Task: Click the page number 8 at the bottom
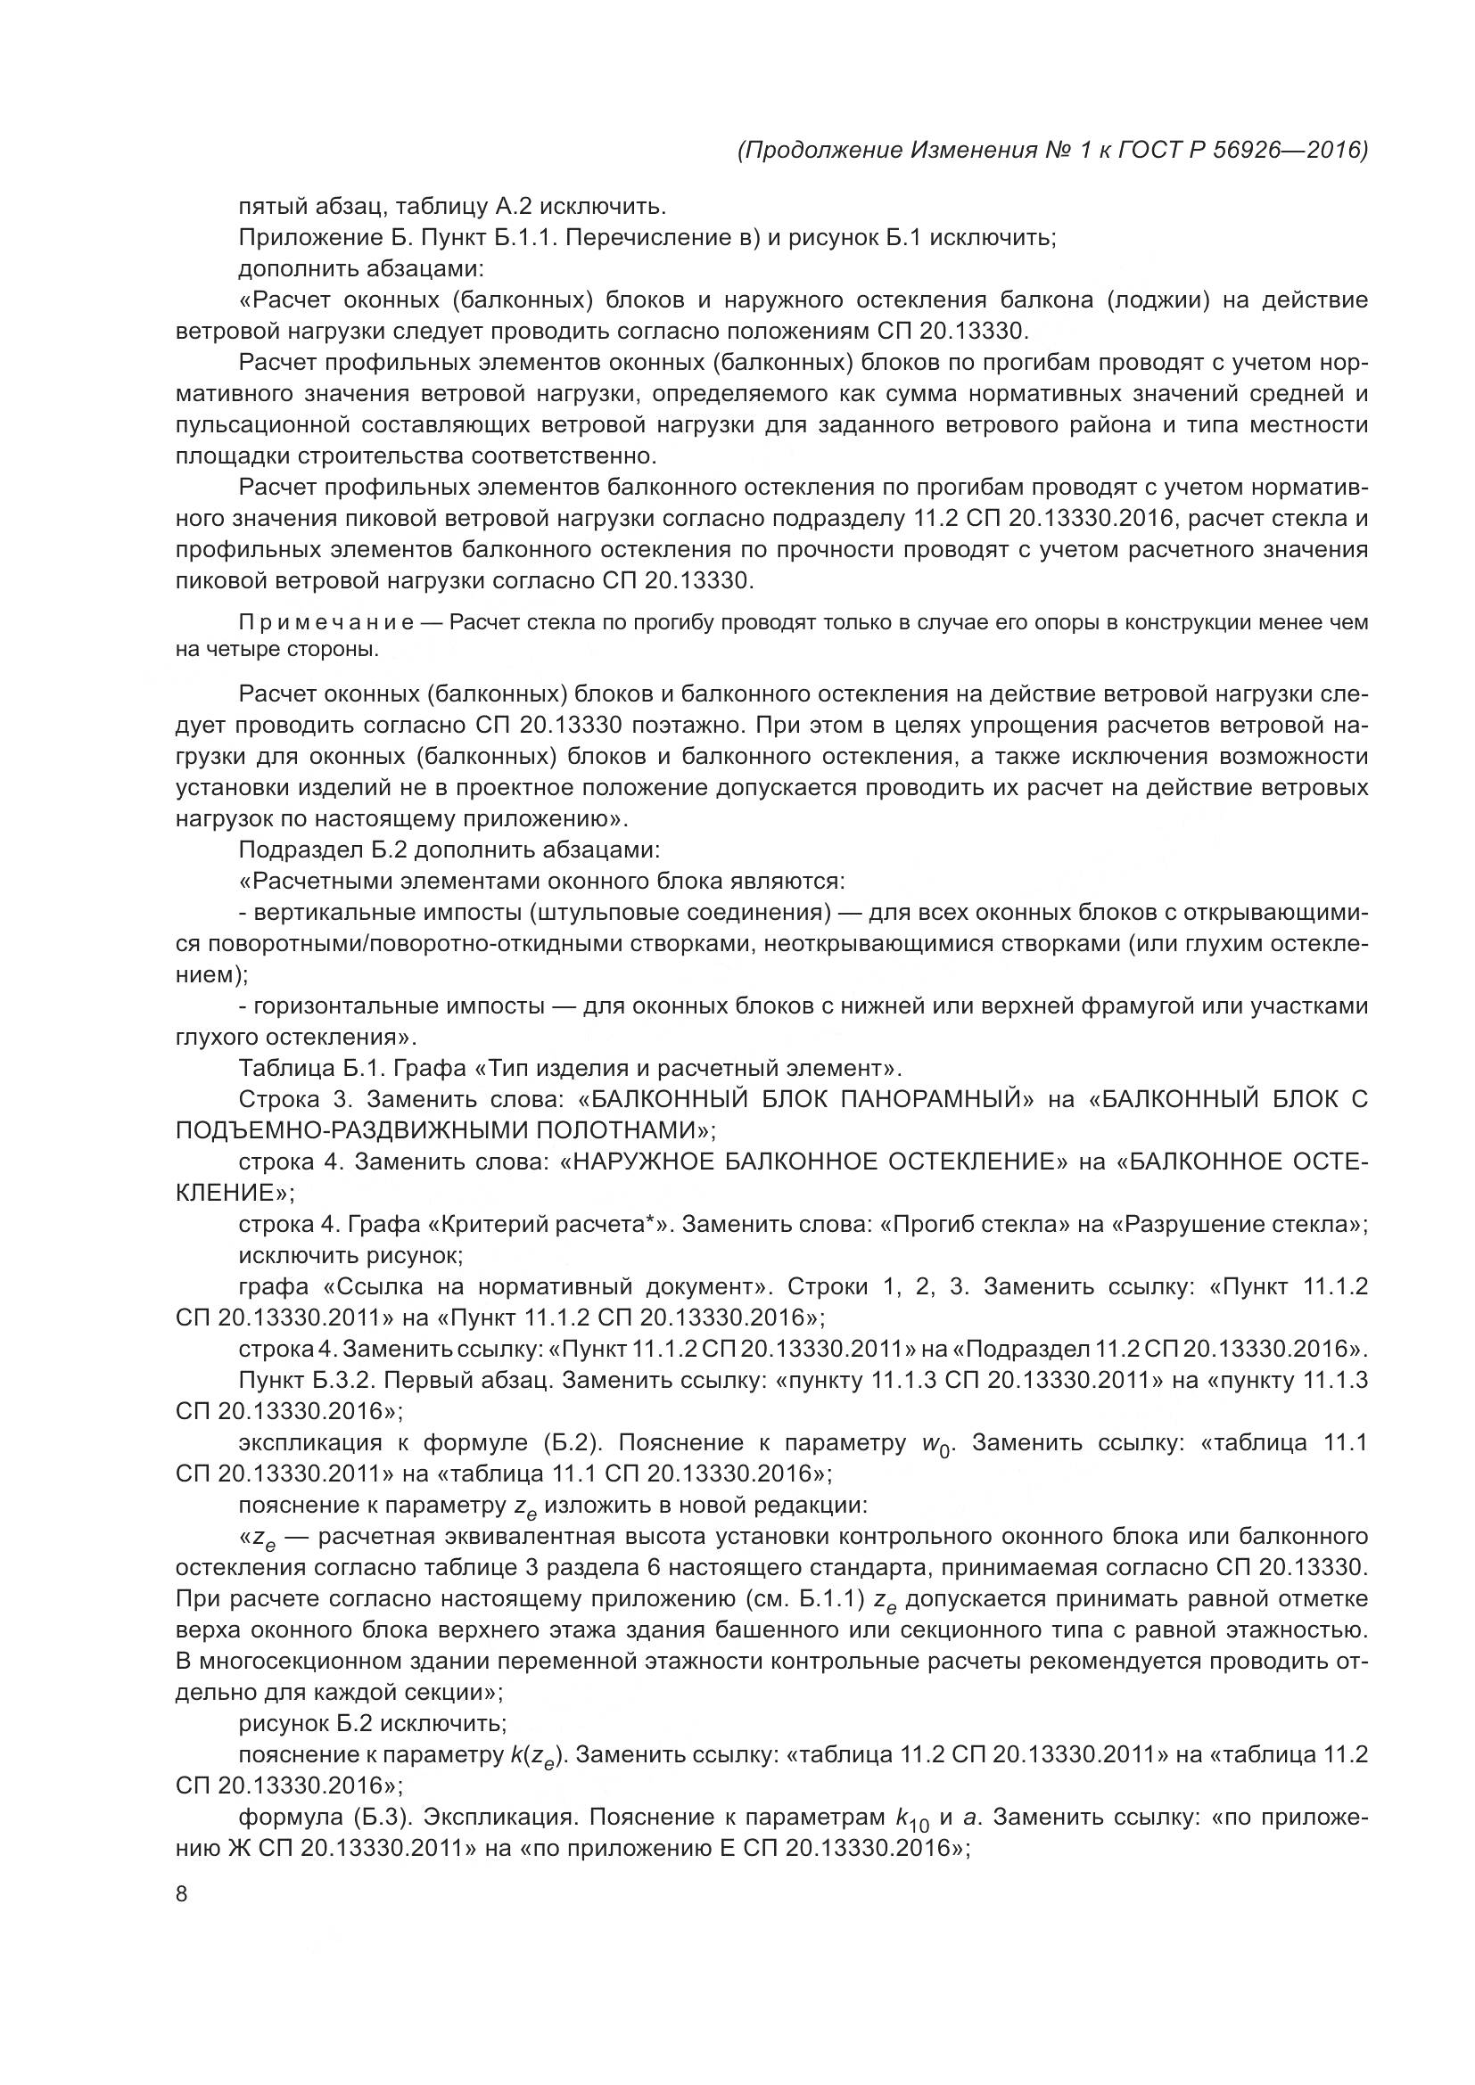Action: click(x=182, y=1894)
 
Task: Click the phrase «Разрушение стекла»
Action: click(x=1237, y=1224)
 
